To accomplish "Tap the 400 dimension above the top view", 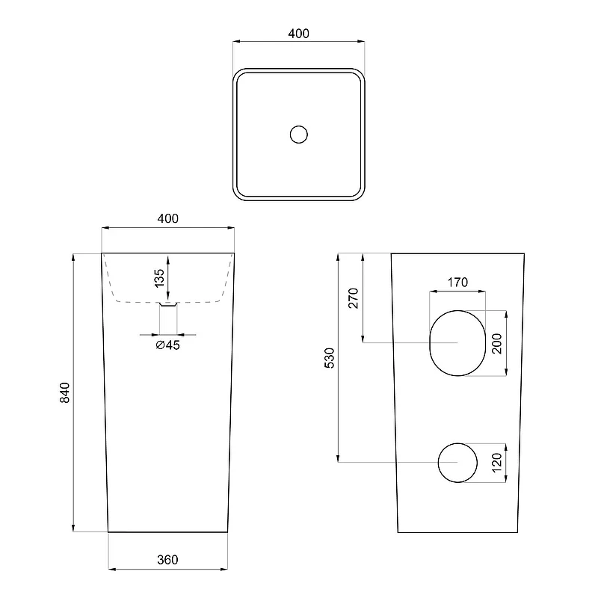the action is click(298, 34).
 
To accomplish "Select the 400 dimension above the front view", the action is click(167, 218).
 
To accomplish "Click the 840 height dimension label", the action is click(65, 392).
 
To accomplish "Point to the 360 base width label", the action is click(167, 559).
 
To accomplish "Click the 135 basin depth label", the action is click(159, 278).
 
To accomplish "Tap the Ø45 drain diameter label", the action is click(167, 345).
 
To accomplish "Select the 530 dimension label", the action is click(329, 358).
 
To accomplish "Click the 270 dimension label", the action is click(354, 298).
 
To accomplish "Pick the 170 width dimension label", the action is click(457, 283).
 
